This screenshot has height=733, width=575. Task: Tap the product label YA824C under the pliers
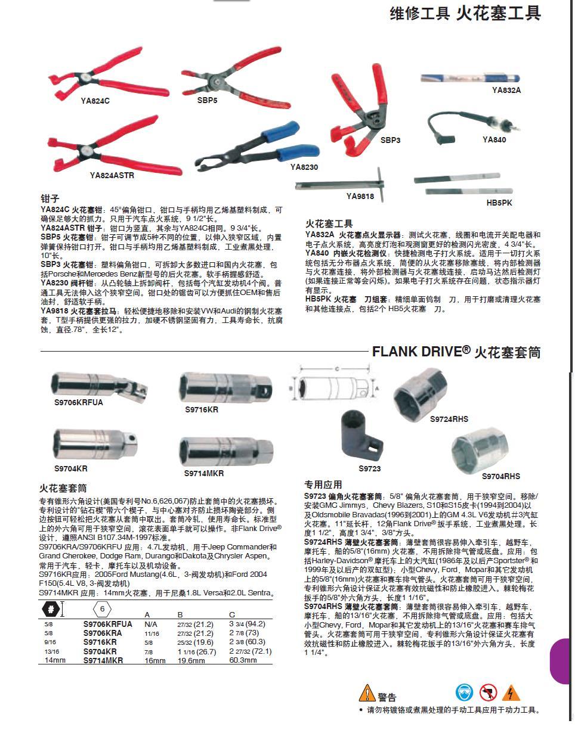pos(95,101)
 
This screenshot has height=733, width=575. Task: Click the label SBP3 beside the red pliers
pos(390,140)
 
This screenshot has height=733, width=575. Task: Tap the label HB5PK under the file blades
pos(499,203)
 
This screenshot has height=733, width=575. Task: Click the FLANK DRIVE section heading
pos(456,352)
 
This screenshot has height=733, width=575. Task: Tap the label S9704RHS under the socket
pos(500,476)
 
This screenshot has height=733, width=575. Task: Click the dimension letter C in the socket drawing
pos(336,369)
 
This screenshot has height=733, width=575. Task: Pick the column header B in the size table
pos(180,614)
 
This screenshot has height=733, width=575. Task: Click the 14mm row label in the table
pos(54,661)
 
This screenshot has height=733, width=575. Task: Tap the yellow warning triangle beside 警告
pos(366,694)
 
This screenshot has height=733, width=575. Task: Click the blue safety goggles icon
pos(464,692)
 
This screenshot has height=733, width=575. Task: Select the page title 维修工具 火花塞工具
pos(465,13)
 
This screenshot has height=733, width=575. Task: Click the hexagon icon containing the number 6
pos(103,609)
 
